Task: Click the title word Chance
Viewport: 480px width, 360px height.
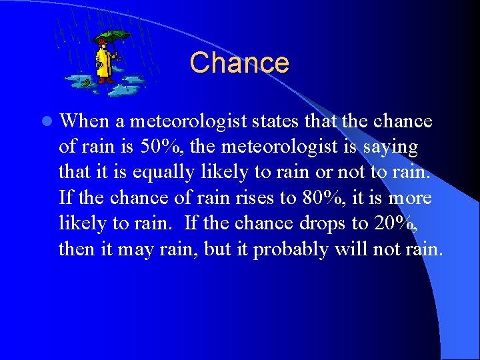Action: click(239, 63)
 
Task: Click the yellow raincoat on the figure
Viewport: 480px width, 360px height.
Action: click(103, 63)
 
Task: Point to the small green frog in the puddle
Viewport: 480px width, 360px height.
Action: click(87, 83)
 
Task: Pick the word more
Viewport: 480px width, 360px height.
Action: click(410, 198)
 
